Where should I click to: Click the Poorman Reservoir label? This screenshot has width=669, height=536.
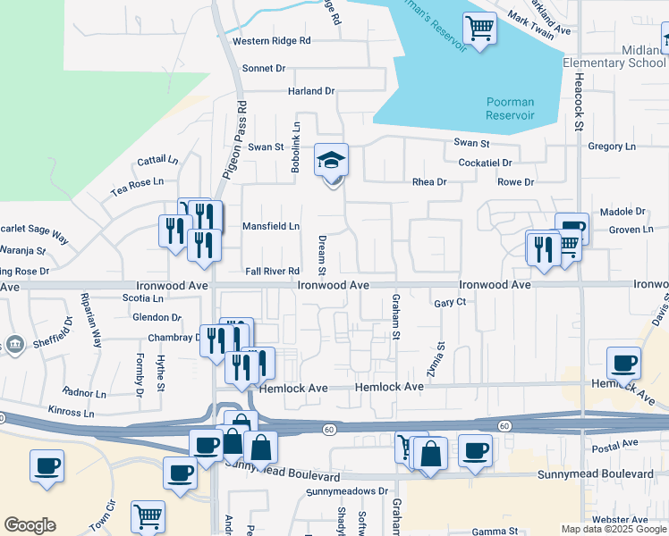pyautogui.click(x=510, y=109)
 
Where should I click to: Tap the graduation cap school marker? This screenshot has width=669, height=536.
pyautogui.click(x=331, y=161)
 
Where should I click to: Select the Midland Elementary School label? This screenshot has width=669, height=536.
pyautogui.click(x=614, y=56)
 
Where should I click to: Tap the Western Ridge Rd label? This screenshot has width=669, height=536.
pyautogui.click(x=271, y=41)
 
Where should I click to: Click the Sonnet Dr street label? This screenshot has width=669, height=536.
pyautogui.click(x=263, y=68)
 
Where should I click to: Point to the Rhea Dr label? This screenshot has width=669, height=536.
pyautogui.click(x=428, y=182)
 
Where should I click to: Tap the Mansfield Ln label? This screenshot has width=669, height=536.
pyautogui.click(x=271, y=226)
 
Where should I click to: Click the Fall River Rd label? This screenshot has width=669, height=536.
pyautogui.click(x=271, y=271)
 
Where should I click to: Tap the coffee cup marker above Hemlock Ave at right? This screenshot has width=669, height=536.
pyautogui.click(x=623, y=363)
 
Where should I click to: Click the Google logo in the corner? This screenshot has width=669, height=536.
pyautogui.click(x=30, y=525)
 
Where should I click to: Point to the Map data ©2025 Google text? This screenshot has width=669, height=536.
pyautogui.click(x=614, y=529)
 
